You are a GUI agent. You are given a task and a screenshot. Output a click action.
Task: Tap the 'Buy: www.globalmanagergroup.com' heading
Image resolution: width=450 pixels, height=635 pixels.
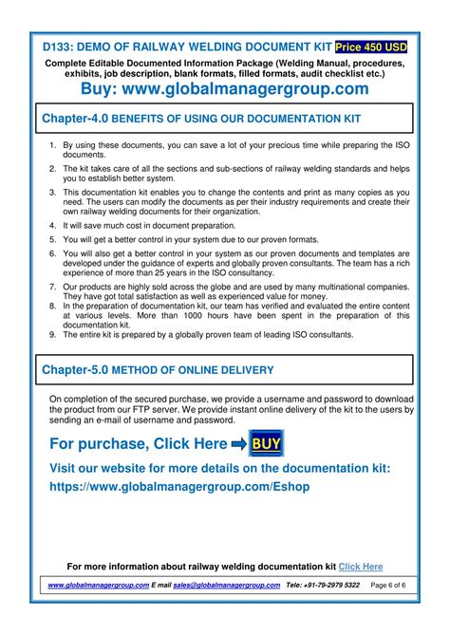coord(227,89)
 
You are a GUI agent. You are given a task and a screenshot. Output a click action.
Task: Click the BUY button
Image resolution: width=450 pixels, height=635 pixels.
coord(266,443)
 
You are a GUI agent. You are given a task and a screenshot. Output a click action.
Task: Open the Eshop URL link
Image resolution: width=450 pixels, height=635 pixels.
coord(179,486)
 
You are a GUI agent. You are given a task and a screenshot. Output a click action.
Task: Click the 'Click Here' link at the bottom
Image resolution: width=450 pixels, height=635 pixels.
coord(361,567)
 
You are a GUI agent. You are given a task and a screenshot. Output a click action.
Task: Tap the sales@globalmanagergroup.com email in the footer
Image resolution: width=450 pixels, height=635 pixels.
coord(227,585)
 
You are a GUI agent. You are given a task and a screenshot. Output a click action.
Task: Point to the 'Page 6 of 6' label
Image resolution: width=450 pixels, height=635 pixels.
coord(388,585)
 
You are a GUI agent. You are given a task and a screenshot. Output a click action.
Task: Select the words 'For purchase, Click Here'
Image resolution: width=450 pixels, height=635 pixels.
coord(139,444)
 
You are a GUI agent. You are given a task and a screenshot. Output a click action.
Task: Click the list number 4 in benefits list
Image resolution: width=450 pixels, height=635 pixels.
coord(53,226)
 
